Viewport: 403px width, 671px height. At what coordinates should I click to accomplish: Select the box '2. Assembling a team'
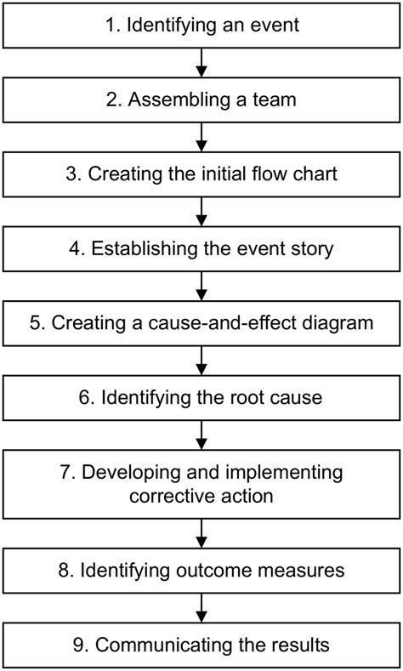(201, 101)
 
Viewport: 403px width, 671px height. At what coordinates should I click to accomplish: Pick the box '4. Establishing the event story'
(201, 250)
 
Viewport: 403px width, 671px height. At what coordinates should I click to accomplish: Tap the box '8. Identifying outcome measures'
(201, 570)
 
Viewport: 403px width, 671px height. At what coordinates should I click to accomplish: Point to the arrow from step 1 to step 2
(201, 63)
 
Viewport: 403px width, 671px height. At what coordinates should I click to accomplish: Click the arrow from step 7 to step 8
(201, 532)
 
